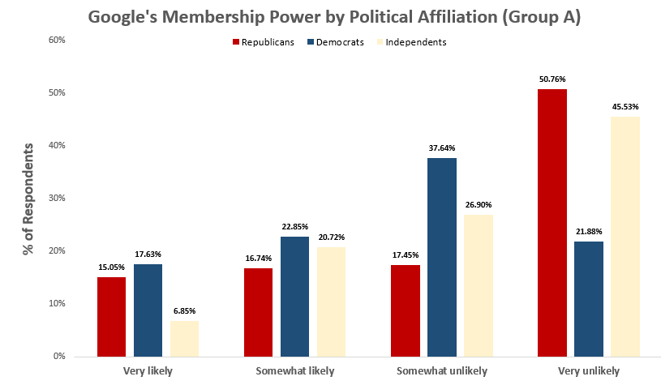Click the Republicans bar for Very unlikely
552,223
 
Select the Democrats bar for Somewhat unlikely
442,257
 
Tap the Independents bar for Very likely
184,338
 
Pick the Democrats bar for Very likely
148,310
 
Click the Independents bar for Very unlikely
625,237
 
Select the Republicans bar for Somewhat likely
258,312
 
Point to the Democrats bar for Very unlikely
588,298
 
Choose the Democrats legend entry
335,42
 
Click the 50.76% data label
552,79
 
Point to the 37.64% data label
442,148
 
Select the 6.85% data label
184,310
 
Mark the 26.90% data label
479,205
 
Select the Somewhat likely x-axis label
294,370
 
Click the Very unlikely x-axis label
588,370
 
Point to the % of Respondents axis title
28,199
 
